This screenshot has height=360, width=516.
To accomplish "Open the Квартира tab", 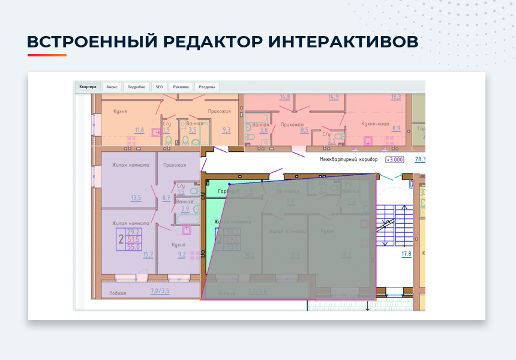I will pyautogui.click(x=87, y=86).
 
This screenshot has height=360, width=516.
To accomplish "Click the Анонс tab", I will pyautogui.click(x=112, y=87).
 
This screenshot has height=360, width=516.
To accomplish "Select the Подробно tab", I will pyautogui.click(x=137, y=87).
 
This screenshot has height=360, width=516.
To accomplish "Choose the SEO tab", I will pyautogui.click(x=160, y=87).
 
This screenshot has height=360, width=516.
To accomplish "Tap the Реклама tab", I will pyautogui.click(x=181, y=87).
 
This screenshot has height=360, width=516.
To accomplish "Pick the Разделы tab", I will pyautogui.click(x=208, y=87).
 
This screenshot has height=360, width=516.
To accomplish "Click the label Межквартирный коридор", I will pyautogui.click(x=349, y=160).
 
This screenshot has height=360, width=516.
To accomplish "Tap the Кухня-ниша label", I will pyautogui.click(x=376, y=122).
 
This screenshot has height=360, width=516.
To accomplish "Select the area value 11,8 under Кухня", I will pyautogui.click(x=139, y=130).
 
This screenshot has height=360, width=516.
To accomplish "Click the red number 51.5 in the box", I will pyautogui.click(x=133, y=239).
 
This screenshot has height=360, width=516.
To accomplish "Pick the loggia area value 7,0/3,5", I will pyautogui.click(x=159, y=292).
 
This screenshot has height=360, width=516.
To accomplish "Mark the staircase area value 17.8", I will pyautogui.click(x=406, y=254).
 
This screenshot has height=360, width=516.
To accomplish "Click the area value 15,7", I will pyautogui.click(x=148, y=254).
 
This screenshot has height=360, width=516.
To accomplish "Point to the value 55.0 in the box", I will pyautogui.click(x=133, y=247).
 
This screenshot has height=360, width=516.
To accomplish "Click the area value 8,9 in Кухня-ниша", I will pyautogui.click(x=396, y=128).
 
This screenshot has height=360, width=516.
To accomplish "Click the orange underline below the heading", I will pyautogui.click(x=47, y=55).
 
